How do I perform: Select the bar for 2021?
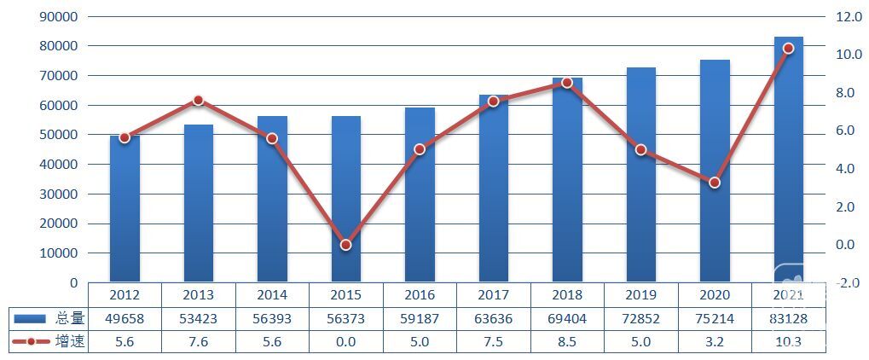[x=788, y=162]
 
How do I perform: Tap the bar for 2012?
[x=125, y=209]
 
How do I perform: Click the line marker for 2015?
[x=345, y=245]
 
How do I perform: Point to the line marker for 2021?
[x=788, y=49]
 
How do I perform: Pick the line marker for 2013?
[x=198, y=100]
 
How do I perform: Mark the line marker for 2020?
[x=715, y=183]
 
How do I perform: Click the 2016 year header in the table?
[x=419, y=295]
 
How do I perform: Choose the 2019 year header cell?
[x=640, y=295]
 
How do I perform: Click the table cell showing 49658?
[x=125, y=318]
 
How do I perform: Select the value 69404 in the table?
[x=567, y=318]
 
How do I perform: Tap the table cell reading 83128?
[x=788, y=318]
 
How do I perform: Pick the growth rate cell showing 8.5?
[x=567, y=341]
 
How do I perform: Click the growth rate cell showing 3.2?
[x=715, y=341]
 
